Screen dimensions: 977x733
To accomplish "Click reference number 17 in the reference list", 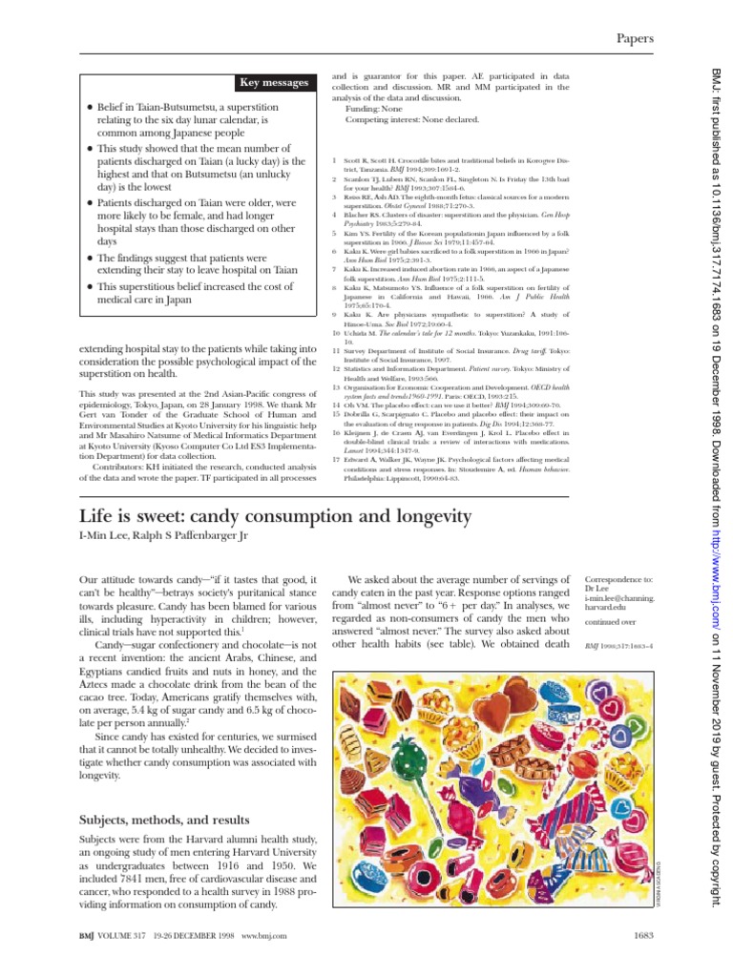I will point(336,458).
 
